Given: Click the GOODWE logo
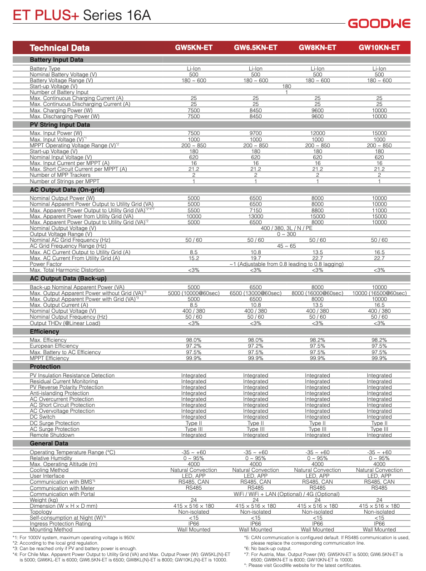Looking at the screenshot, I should pyautogui.click(x=379, y=24).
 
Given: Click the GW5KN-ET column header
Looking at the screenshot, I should pyautogui.click(x=194, y=48).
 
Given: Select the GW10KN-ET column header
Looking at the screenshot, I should pyautogui.click(x=379, y=48).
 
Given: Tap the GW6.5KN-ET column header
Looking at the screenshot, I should pyautogui.click(x=255, y=48).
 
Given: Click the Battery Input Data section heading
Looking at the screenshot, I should pyautogui.click(x=56, y=60).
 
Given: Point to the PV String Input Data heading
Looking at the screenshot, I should pyautogui.click(x=59, y=125).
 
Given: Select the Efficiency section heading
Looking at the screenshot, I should pyautogui.click(x=45, y=332).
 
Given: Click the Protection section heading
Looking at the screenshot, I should pyautogui.click(x=45, y=366).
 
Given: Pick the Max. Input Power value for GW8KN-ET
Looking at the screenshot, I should pyautogui.click(x=317, y=134).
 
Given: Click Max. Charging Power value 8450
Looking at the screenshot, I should pyautogui.click(x=256, y=110).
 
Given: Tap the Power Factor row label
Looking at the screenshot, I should pyautogui.click(x=46, y=264).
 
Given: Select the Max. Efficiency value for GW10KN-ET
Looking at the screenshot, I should pyautogui.click(x=379, y=341).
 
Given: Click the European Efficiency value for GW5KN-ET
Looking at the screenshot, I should pyautogui.click(x=194, y=346).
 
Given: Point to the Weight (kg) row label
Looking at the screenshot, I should pyautogui.click(x=44, y=500).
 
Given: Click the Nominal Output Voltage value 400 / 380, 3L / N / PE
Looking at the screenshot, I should pyautogui.click(x=287, y=228).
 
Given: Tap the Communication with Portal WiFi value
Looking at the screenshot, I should pyautogui.click(x=287, y=494).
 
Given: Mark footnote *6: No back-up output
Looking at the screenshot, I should pyautogui.click(x=267, y=549).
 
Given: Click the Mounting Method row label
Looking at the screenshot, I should pyautogui.click(x=51, y=530).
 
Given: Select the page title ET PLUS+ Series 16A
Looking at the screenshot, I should pyautogui.click(x=82, y=15).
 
